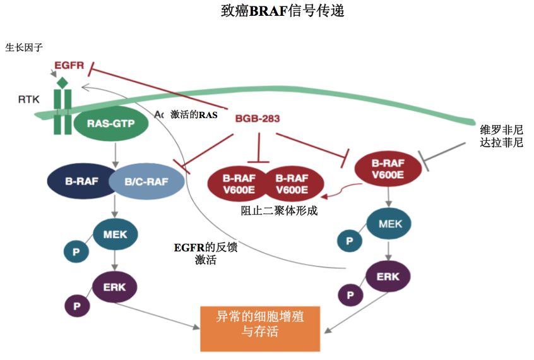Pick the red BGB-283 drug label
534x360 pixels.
[x=257, y=118]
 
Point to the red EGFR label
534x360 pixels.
[x=69, y=65]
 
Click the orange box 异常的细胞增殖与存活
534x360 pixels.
[x=260, y=328]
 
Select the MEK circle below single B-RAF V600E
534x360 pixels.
[x=386, y=224]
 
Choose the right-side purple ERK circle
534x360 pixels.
[x=388, y=276]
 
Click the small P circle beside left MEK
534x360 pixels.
[x=76, y=251]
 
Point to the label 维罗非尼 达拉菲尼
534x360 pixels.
[x=501, y=136]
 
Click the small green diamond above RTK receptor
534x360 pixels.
[x=62, y=83]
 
